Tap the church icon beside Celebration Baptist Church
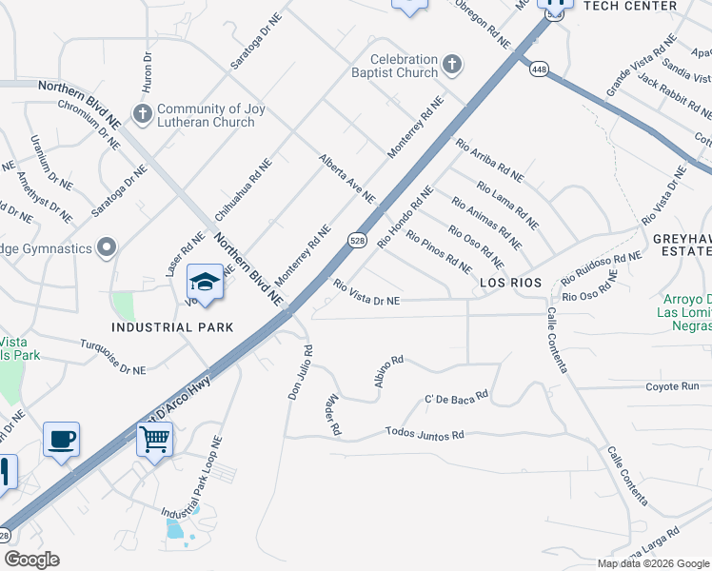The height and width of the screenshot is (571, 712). click(x=452, y=66)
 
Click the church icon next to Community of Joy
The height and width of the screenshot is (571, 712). click(x=143, y=115)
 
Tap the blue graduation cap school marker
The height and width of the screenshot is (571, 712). click(x=205, y=282)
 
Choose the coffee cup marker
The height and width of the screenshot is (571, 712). click(x=62, y=440)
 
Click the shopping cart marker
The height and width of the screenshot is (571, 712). click(x=154, y=440)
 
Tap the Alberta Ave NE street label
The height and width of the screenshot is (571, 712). click(x=346, y=177)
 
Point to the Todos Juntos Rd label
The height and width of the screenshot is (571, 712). click(x=425, y=433)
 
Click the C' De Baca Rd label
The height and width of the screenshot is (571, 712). click(x=456, y=394)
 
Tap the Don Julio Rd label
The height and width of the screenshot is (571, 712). click(x=300, y=371)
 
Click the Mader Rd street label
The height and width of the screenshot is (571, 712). click(x=333, y=416)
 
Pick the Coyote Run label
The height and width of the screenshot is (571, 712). click(x=672, y=386)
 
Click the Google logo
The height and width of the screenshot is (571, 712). click(x=31, y=560)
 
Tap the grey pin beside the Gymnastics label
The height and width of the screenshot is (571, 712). click(x=107, y=248)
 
